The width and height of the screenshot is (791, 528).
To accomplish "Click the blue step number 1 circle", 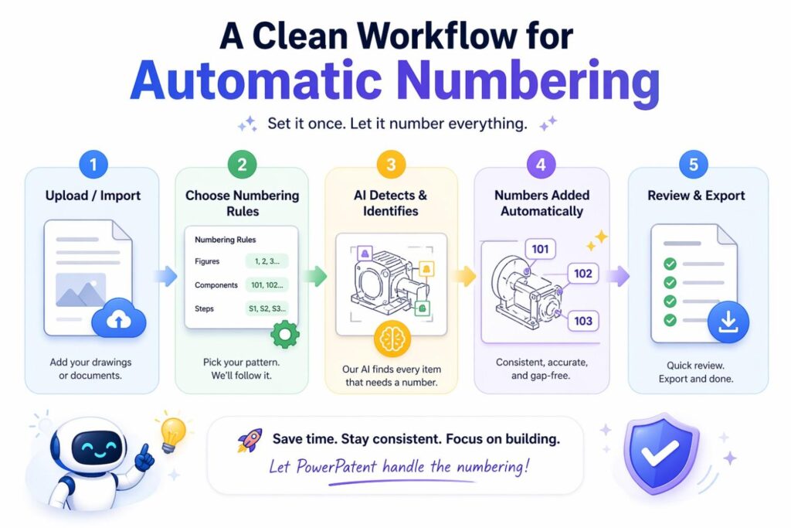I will coord(92,165).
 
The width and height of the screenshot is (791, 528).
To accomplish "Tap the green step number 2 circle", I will coord(242,165).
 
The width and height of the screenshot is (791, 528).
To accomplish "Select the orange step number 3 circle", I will coord(391,165).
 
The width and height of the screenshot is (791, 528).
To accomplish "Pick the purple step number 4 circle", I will coord(541,165).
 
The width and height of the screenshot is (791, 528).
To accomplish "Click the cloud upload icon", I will coord(118,316).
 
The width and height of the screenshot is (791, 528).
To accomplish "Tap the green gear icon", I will coord(286,333).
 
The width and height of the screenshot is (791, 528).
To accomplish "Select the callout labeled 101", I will coord(541,249).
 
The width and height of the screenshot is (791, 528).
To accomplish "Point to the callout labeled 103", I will coord(584,321).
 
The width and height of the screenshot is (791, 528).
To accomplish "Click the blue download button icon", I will coord(728,322).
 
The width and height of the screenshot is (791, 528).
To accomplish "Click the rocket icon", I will coord(249,441).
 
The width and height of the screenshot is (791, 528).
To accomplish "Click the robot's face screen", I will coord(98,447).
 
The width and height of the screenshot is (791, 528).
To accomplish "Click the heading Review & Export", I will coord(696,196).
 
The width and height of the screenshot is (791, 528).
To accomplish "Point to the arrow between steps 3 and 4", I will coord(464,275).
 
